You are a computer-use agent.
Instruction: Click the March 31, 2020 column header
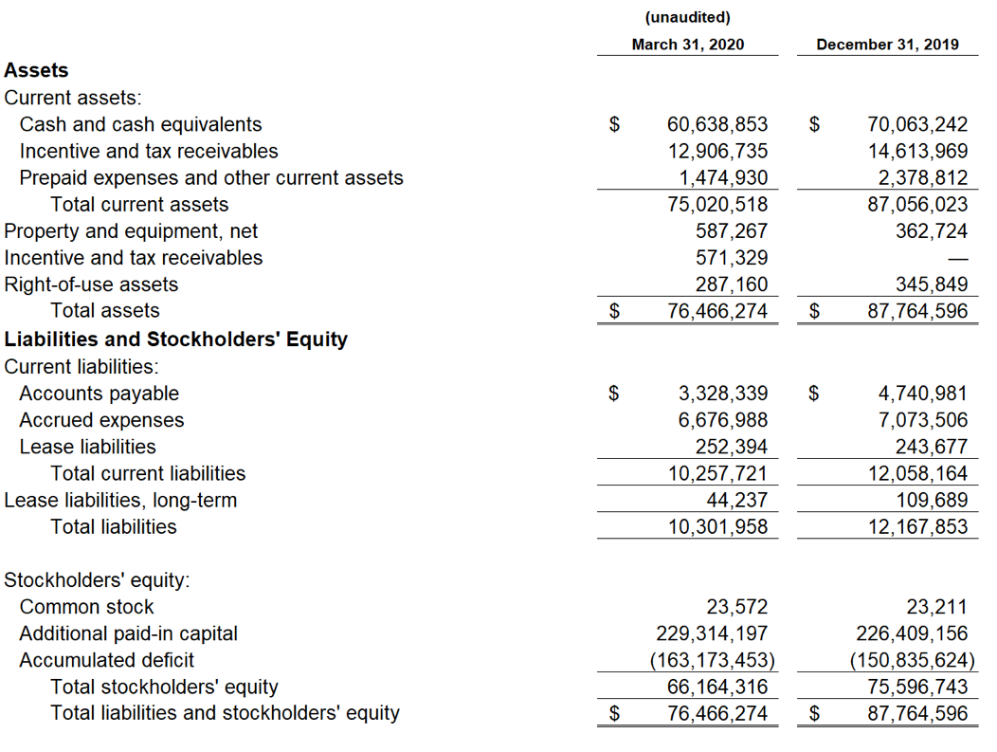tap(687, 45)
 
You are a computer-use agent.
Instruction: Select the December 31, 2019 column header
tap(887, 45)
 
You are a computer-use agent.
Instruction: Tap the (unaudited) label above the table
tap(687, 18)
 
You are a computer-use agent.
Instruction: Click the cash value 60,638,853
tap(717, 124)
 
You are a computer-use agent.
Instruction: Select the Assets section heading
tap(36, 70)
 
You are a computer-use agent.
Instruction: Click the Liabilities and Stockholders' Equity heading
tap(176, 339)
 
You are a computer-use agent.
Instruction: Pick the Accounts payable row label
tap(100, 394)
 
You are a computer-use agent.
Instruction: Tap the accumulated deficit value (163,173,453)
tap(712, 660)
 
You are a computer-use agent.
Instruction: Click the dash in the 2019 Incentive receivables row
tap(958, 259)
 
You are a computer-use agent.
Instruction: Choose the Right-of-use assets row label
tap(91, 284)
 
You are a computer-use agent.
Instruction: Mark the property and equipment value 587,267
tap(732, 231)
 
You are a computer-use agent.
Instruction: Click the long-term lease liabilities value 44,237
tap(737, 500)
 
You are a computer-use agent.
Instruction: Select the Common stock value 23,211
tap(936, 607)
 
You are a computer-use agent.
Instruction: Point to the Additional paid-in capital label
tap(129, 633)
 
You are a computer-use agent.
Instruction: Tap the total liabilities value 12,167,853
tap(917, 527)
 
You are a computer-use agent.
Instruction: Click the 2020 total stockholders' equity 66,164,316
tap(717, 688)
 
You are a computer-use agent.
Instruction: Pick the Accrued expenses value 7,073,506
tap(923, 420)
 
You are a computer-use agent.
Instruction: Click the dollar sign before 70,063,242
tap(814, 124)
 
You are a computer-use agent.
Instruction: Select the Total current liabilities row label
tap(148, 473)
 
